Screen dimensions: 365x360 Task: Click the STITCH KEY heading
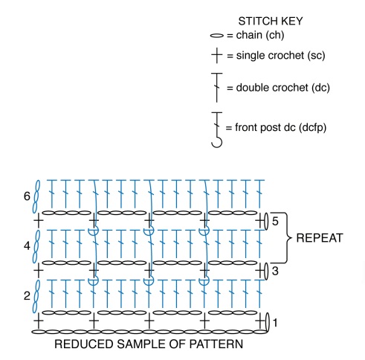[x=271, y=21]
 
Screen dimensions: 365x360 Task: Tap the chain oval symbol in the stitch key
[x=217, y=36]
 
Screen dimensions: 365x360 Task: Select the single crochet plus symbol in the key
[x=217, y=55]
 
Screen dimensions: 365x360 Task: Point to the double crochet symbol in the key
[x=217, y=87]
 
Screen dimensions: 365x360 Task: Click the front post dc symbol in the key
[x=217, y=129]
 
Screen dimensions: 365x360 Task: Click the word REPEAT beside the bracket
[x=320, y=238]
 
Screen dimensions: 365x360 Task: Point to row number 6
[x=27, y=196]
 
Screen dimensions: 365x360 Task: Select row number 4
[x=27, y=246]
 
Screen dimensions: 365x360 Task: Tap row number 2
[x=27, y=296]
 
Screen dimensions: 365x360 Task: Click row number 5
[x=275, y=221]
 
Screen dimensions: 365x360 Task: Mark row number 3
[x=275, y=271]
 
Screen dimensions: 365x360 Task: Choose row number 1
[x=275, y=323]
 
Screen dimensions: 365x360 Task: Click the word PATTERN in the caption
[x=216, y=344]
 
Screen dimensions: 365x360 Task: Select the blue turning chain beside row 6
[x=36, y=196]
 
